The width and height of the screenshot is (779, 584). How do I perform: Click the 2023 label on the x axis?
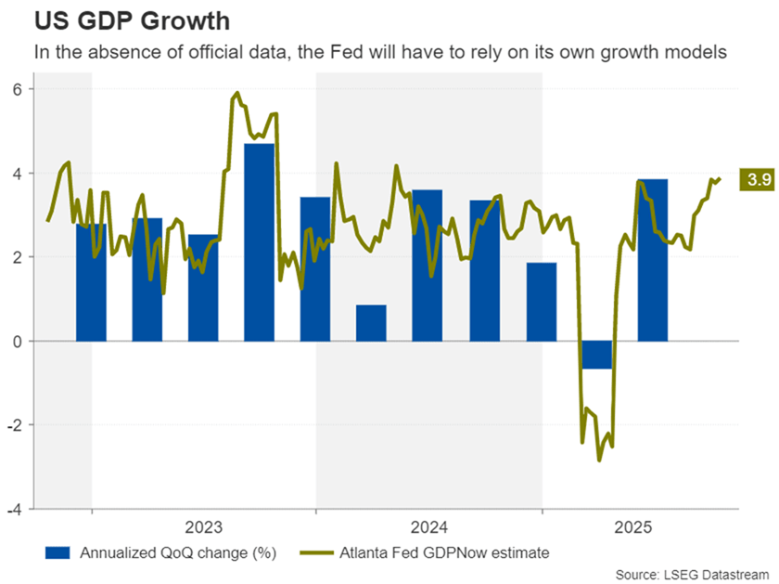(203, 528)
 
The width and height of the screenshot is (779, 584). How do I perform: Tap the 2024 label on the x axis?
(428, 528)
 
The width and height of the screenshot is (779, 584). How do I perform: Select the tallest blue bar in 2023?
(259, 241)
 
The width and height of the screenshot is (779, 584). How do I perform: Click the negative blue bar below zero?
(596, 355)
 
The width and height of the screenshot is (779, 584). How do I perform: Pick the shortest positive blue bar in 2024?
(371, 323)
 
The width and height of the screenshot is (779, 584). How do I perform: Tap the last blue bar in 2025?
(653, 260)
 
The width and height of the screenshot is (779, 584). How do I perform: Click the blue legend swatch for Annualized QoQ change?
(57, 553)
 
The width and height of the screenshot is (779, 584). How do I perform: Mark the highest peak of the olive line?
(237, 93)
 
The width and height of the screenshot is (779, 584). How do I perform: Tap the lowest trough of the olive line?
(599, 460)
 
